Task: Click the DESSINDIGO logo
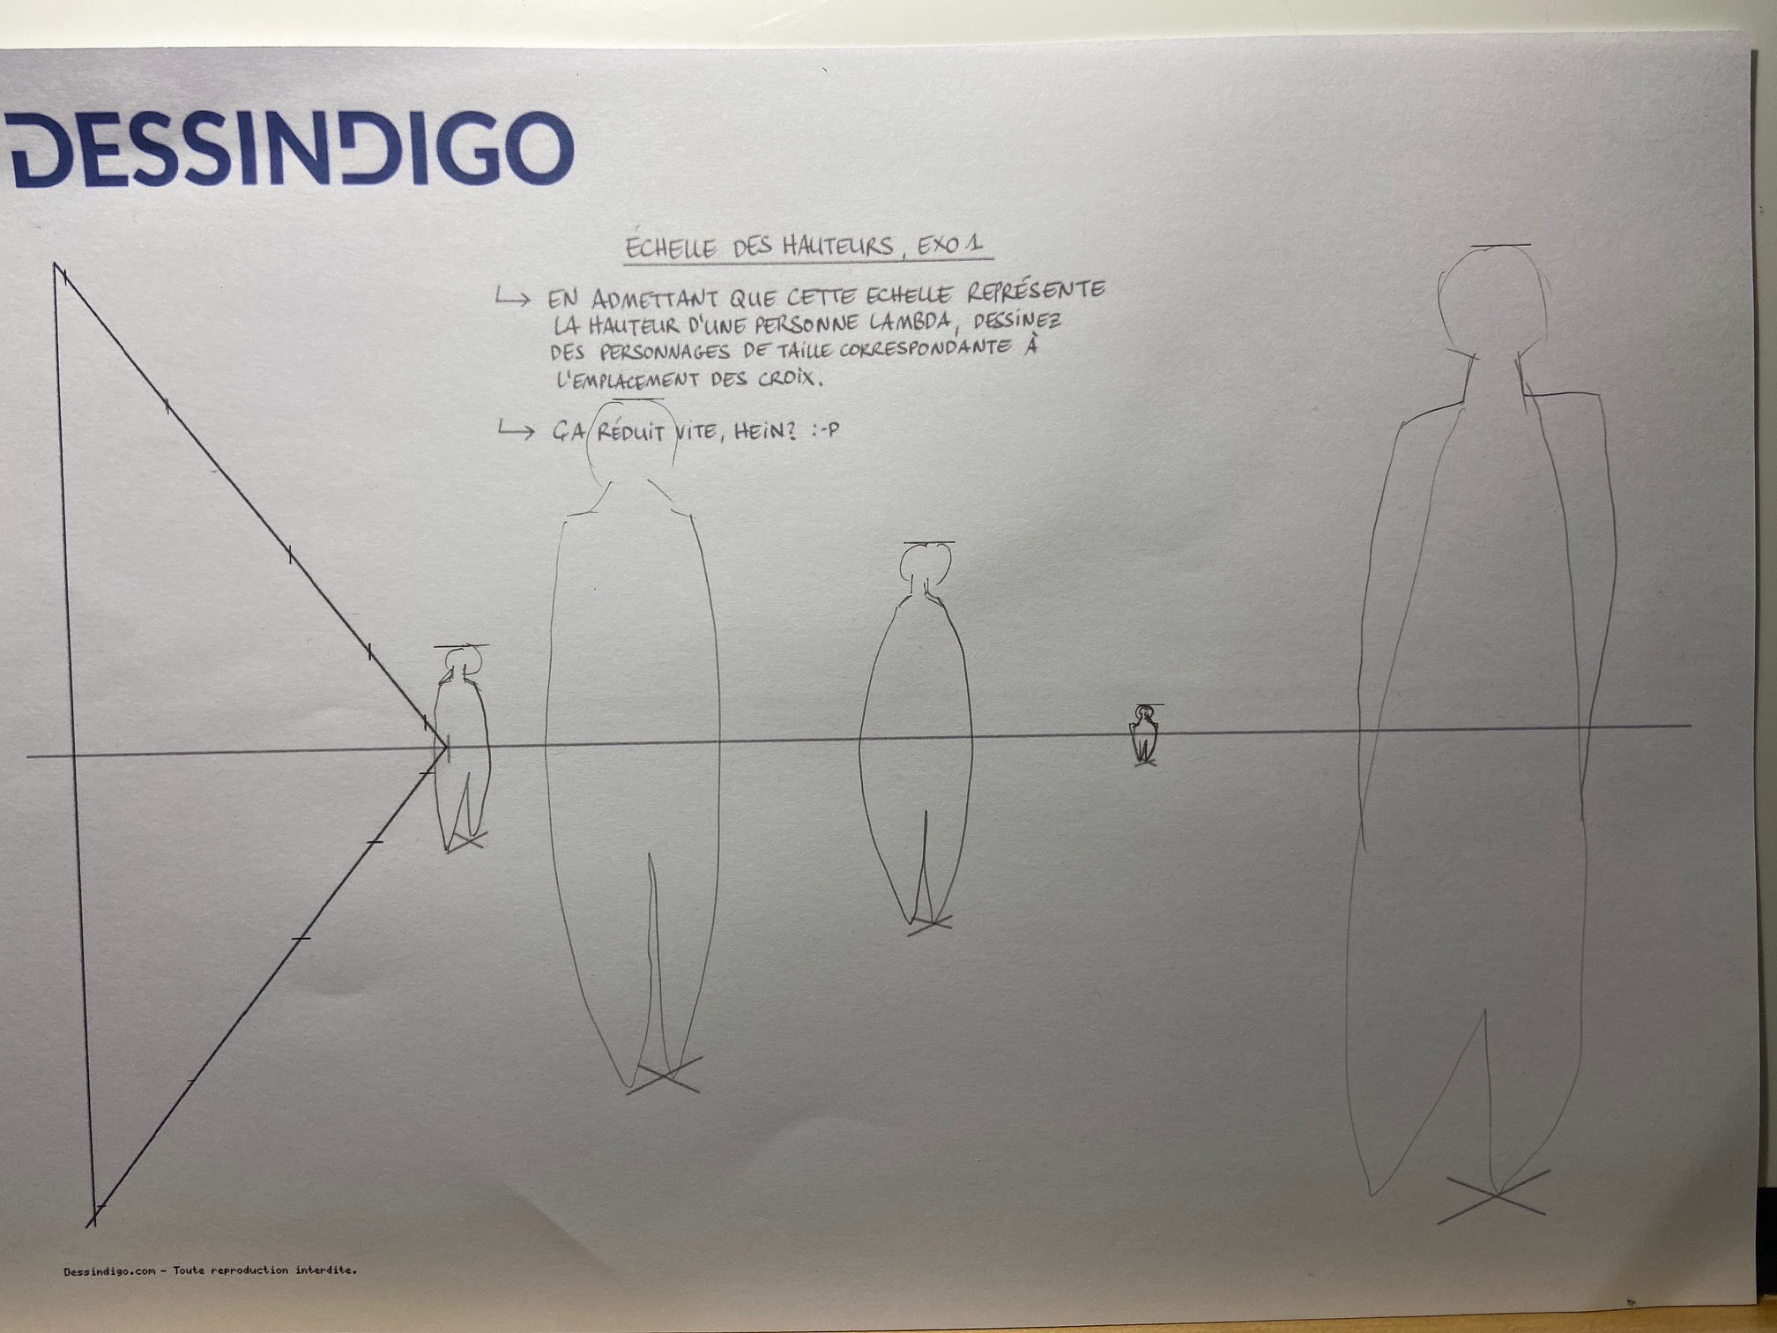291,150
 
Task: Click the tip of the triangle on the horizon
446,750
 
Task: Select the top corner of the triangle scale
55,263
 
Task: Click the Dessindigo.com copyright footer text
210,1270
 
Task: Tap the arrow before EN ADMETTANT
513,298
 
